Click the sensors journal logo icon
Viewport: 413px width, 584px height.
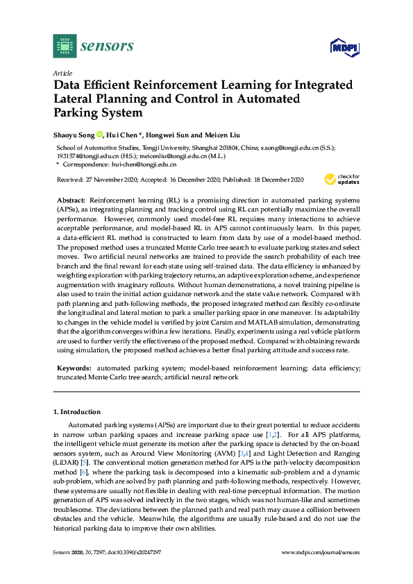[65, 46]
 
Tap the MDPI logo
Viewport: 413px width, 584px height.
[342, 47]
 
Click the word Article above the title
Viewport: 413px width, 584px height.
[63, 72]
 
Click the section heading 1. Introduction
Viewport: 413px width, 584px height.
[78, 411]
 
